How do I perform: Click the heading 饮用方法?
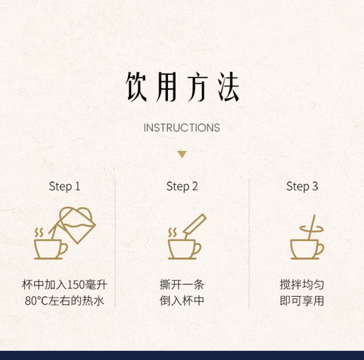183,87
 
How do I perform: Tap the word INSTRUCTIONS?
182,128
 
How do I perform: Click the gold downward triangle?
182,155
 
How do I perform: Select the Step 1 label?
64,187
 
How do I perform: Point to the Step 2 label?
182,187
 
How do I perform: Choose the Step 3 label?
302,187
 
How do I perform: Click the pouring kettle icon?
76,224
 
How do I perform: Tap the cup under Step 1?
50,249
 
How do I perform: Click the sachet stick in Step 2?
195,225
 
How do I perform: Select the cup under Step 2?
184,249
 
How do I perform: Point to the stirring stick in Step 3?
312,227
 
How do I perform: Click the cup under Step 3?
307,249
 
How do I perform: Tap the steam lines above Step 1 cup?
39,232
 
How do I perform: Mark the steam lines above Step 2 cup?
172,232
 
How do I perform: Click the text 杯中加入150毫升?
64,285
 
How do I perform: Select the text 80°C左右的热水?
64,301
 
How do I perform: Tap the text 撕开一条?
182,285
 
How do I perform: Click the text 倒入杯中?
182,301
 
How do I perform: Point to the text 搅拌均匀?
302,285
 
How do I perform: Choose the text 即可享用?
302,301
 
